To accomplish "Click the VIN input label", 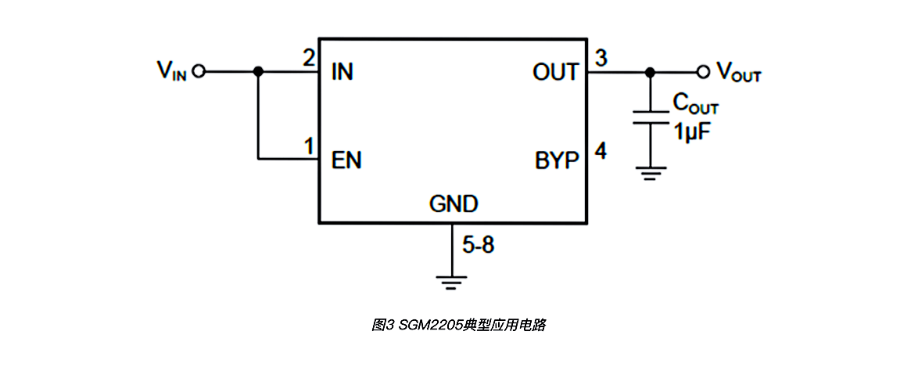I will tap(171, 71).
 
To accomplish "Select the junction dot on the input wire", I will tap(258, 72).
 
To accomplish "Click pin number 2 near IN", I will tap(308, 58).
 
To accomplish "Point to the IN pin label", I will tap(342, 73).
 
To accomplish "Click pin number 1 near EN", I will tap(308, 146).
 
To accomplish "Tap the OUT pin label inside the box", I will tap(555, 73).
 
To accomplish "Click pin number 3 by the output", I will tap(600, 58).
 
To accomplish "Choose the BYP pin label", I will tap(558, 160).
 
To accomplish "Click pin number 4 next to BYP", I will tap(601, 150).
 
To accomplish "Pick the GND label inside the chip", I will tap(454, 205).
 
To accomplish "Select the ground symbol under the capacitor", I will tap(649, 172).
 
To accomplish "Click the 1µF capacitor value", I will tap(692, 130).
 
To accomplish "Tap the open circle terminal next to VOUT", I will tap(703, 72).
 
